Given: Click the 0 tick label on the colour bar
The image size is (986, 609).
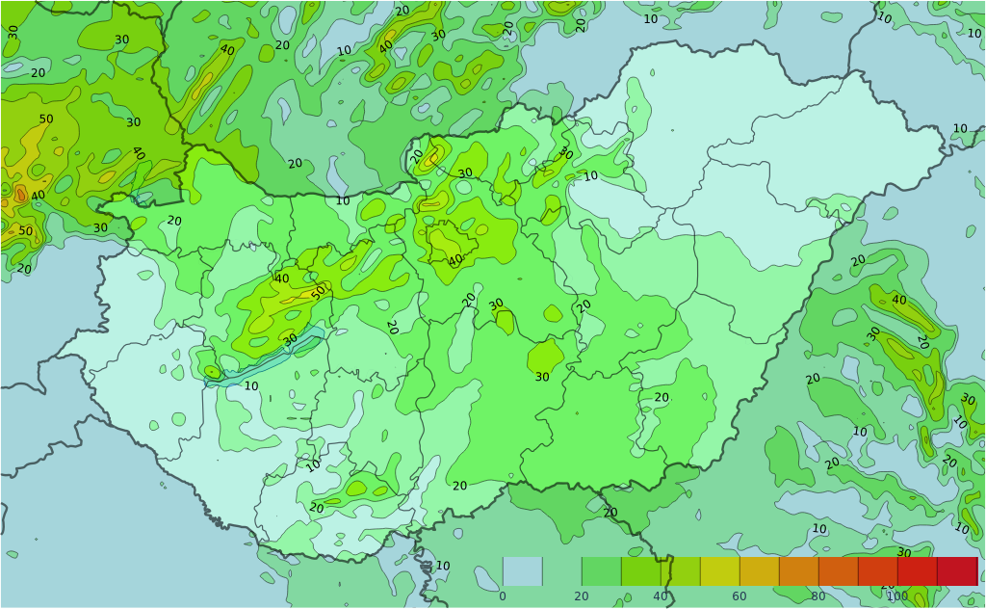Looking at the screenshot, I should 502,596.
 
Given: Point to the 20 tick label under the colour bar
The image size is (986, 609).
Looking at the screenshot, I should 582,596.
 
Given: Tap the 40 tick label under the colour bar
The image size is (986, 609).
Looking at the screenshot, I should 661,596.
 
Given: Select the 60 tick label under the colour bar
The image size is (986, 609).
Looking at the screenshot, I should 739,596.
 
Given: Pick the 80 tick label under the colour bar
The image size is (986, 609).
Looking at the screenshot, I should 818,596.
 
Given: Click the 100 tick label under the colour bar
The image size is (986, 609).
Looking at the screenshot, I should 897,596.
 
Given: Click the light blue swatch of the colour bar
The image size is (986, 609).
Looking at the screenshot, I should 522,571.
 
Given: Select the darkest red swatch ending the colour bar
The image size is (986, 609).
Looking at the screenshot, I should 957,571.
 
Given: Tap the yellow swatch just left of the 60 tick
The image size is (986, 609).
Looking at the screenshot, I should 720,571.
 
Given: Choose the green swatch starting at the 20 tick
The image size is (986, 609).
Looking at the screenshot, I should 601,571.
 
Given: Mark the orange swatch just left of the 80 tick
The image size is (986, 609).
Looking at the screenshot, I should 799,571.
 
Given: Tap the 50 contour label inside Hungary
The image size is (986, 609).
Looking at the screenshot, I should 318,292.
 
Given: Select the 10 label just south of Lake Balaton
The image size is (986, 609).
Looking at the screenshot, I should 251,386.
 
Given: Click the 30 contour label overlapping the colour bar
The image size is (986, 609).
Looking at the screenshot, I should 903,553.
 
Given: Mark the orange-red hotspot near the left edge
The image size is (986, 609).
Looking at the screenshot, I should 20,194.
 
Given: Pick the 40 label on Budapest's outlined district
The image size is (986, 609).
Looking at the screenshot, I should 455,259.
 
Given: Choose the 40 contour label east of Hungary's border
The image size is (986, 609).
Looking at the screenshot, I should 898,301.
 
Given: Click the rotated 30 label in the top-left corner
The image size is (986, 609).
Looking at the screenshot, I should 13,31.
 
